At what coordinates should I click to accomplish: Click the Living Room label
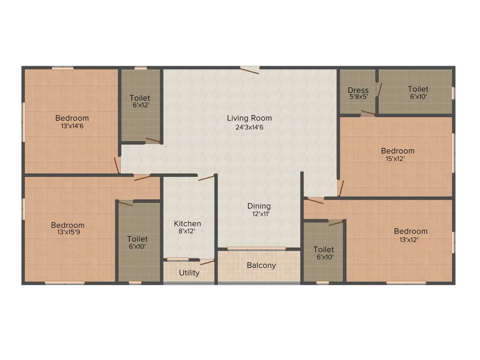click(249, 118)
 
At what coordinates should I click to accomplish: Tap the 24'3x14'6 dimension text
click(249, 127)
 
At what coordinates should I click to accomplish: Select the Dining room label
click(259, 206)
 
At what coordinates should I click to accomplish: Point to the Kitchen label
click(187, 224)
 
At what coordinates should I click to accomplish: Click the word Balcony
click(261, 265)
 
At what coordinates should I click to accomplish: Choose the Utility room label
click(189, 273)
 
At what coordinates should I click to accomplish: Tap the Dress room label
click(358, 90)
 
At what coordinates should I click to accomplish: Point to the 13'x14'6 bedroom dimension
click(72, 126)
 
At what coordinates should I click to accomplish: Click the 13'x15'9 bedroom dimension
click(68, 233)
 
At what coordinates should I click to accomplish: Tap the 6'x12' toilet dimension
click(140, 106)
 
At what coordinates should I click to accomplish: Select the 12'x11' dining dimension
click(261, 214)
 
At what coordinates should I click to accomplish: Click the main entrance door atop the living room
click(250, 70)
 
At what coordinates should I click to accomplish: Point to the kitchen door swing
click(206, 178)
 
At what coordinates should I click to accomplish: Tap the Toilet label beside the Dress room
click(418, 89)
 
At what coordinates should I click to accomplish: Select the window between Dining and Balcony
click(256, 248)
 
